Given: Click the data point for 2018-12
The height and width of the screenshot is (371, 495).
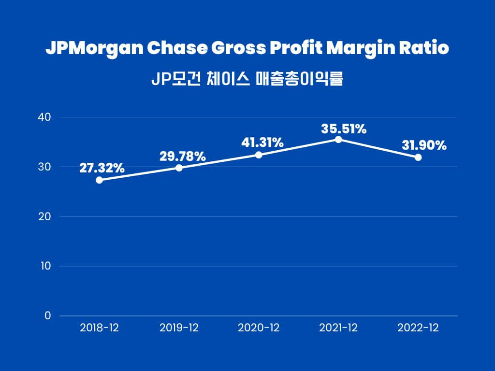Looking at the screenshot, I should (x=99, y=180).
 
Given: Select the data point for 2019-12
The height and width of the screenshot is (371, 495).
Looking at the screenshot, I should (x=179, y=168).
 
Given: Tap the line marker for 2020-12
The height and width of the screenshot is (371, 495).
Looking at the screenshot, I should (x=259, y=155).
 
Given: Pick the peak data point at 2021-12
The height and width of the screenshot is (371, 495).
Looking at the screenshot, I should (x=338, y=139).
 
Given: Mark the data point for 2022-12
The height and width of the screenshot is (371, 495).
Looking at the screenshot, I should (x=418, y=157).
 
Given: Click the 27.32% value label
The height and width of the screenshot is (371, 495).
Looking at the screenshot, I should (x=102, y=168).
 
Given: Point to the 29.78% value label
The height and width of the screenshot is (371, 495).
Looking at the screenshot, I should (x=182, y=156).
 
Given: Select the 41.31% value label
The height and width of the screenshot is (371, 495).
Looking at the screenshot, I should (x=262, y=143).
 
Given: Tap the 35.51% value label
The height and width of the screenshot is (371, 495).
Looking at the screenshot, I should (x=344, y=129).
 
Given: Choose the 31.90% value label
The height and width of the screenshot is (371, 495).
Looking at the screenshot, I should (x=424, y=145).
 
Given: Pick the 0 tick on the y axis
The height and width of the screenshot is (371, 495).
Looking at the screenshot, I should (x=47, y=316).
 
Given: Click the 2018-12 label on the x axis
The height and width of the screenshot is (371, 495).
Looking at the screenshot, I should (x=99, y=328).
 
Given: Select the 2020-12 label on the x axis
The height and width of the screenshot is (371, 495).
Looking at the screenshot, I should (x=259, y=328).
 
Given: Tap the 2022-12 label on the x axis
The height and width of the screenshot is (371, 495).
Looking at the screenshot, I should (x=418, y=328).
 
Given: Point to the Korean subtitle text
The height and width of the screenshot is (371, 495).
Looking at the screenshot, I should (x=247, y=79).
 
